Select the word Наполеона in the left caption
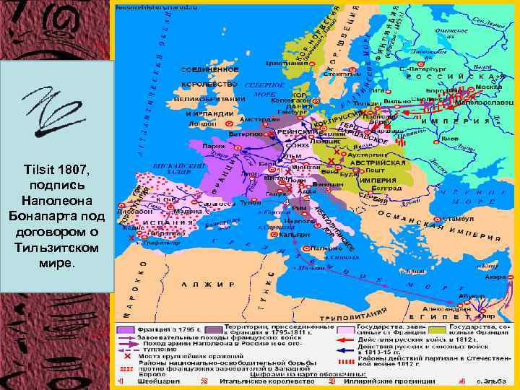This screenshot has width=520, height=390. tap(57, 196)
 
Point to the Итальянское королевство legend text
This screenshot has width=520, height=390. tap(245, 381)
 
